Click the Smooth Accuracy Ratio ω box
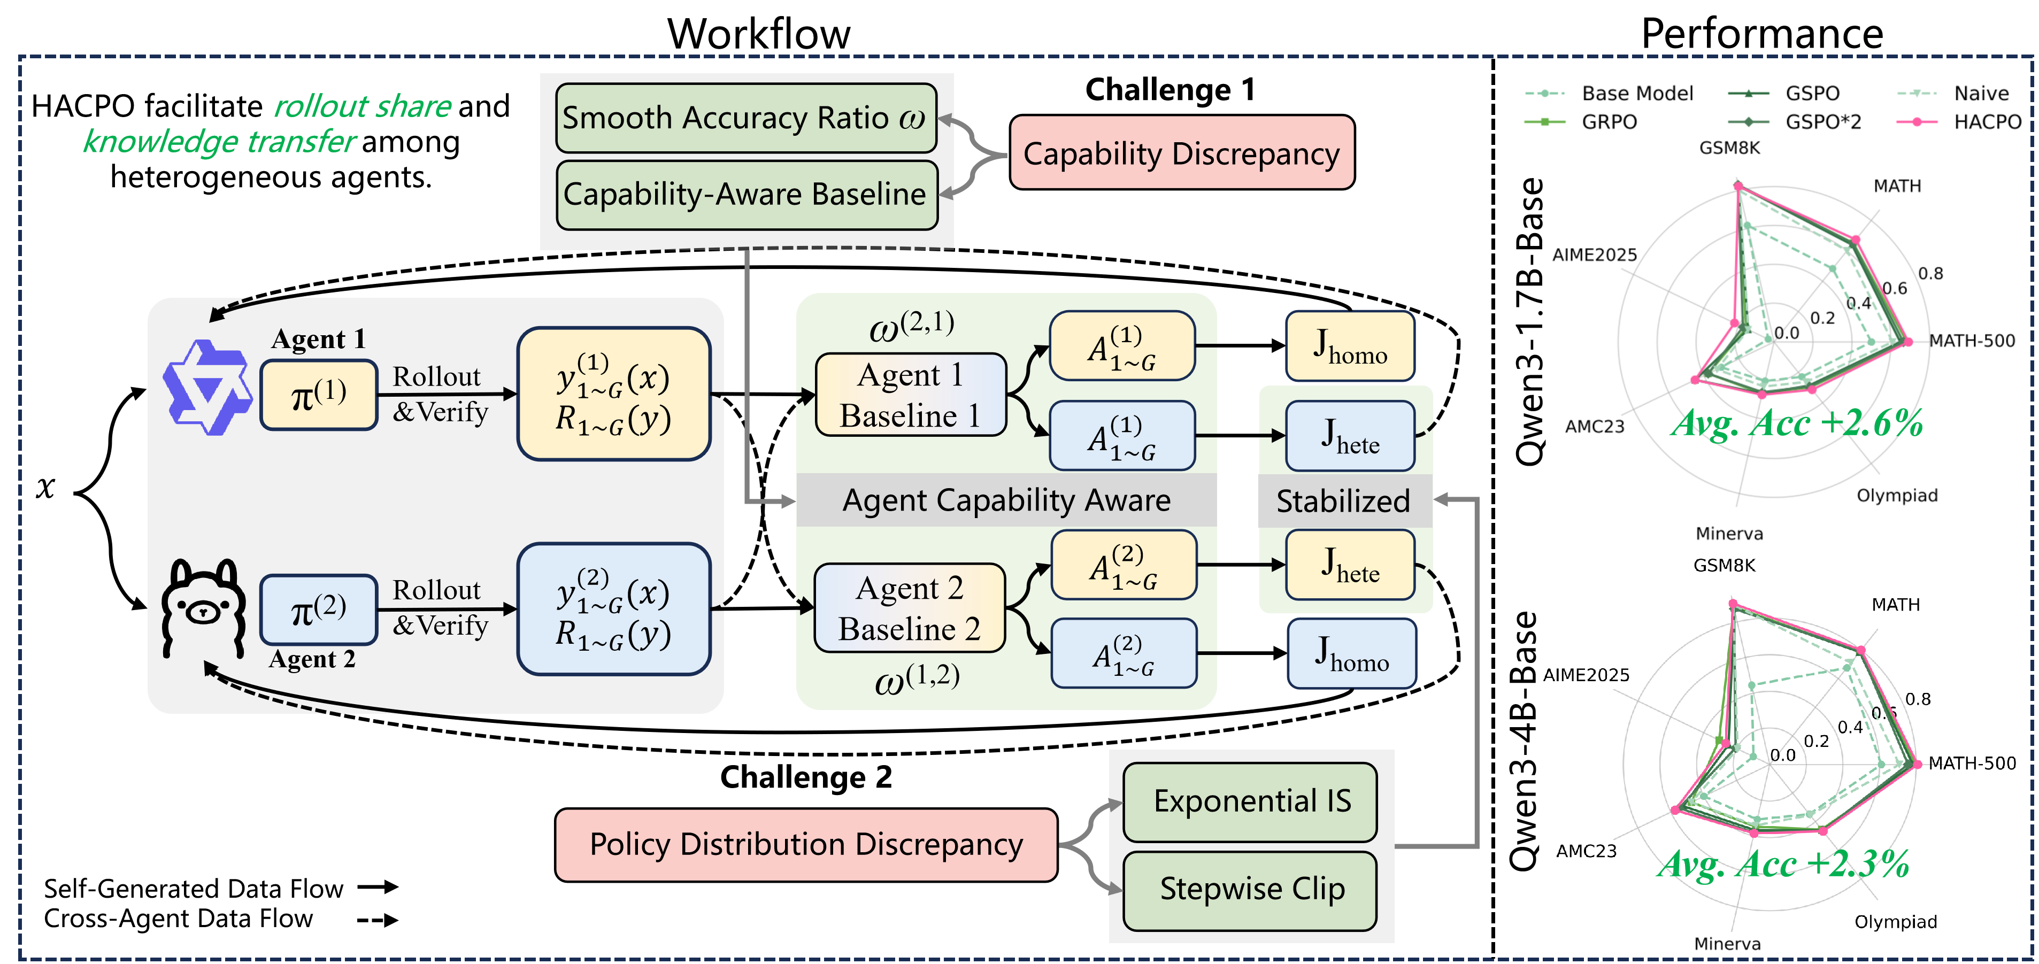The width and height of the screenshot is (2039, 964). [x=745, y=118]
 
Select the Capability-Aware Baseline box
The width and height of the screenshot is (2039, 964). [x=745, y=195]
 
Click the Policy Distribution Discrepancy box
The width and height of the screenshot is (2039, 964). [x=806, y=844]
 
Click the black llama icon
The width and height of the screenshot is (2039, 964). [x=203, y=608]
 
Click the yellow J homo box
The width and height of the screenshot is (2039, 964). [x=1350, y=346]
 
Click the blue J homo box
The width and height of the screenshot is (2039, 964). [x=1351, y=653]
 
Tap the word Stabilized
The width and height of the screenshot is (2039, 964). [x=1343, y=501]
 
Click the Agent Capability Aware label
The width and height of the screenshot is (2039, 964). [x=1005, y=500]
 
